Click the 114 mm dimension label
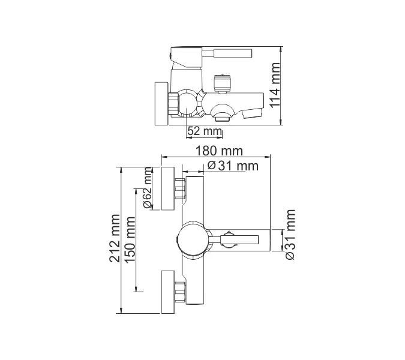point(275,85)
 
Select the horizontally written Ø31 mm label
point(232,166)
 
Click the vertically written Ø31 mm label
point(290,235)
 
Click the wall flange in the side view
point(161,104)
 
